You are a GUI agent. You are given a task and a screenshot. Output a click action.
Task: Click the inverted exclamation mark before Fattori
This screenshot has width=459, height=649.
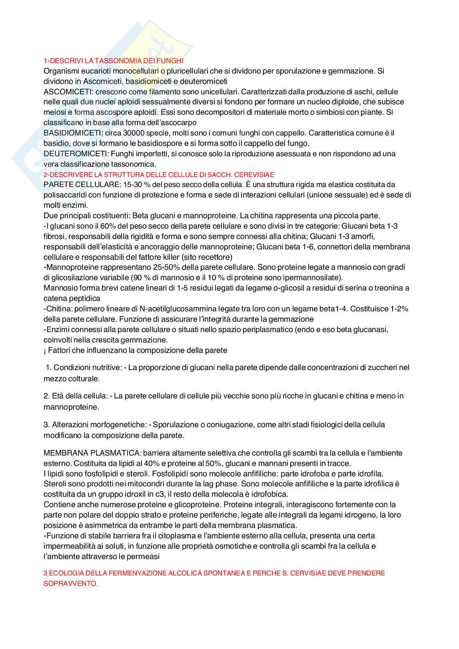tap(45, 350)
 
